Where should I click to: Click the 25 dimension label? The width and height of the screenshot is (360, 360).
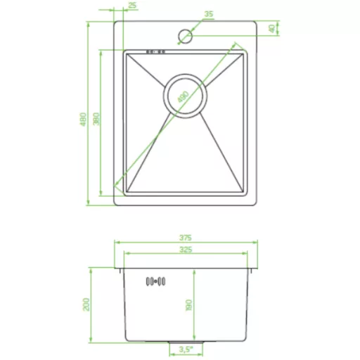click(x=133, y=5)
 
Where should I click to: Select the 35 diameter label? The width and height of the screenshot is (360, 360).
click(x=209, y=14)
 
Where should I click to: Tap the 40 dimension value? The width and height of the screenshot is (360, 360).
click(x=272, y=29)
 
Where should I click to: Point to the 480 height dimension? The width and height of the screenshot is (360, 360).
click(x=84, y=120)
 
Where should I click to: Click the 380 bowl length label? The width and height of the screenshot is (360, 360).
click(x=96, y=119)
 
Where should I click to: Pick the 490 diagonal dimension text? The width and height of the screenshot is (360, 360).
click(x=184, y=97)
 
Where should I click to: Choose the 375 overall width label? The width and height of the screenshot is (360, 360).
click(x=186, y=238)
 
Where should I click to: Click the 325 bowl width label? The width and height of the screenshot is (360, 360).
click(x=186, y=250)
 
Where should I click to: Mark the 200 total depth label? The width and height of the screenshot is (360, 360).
click(x=86, y=304)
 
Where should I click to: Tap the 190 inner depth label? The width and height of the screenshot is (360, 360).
click(x=188, y=305)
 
